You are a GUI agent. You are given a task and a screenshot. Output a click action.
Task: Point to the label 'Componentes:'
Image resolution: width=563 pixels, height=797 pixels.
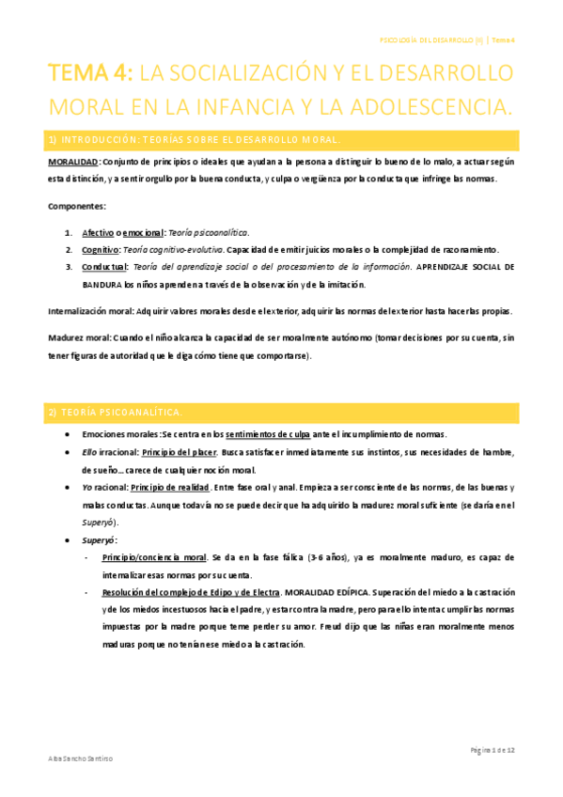(x=77, y=205)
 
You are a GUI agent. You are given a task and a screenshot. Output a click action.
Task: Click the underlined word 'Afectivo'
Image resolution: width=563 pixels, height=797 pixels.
(x=98, y=232)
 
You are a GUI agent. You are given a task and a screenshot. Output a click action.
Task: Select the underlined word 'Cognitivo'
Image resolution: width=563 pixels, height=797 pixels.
(x=101, y=249)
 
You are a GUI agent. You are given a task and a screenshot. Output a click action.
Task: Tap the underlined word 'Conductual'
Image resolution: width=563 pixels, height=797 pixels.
(x=104, y=267)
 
